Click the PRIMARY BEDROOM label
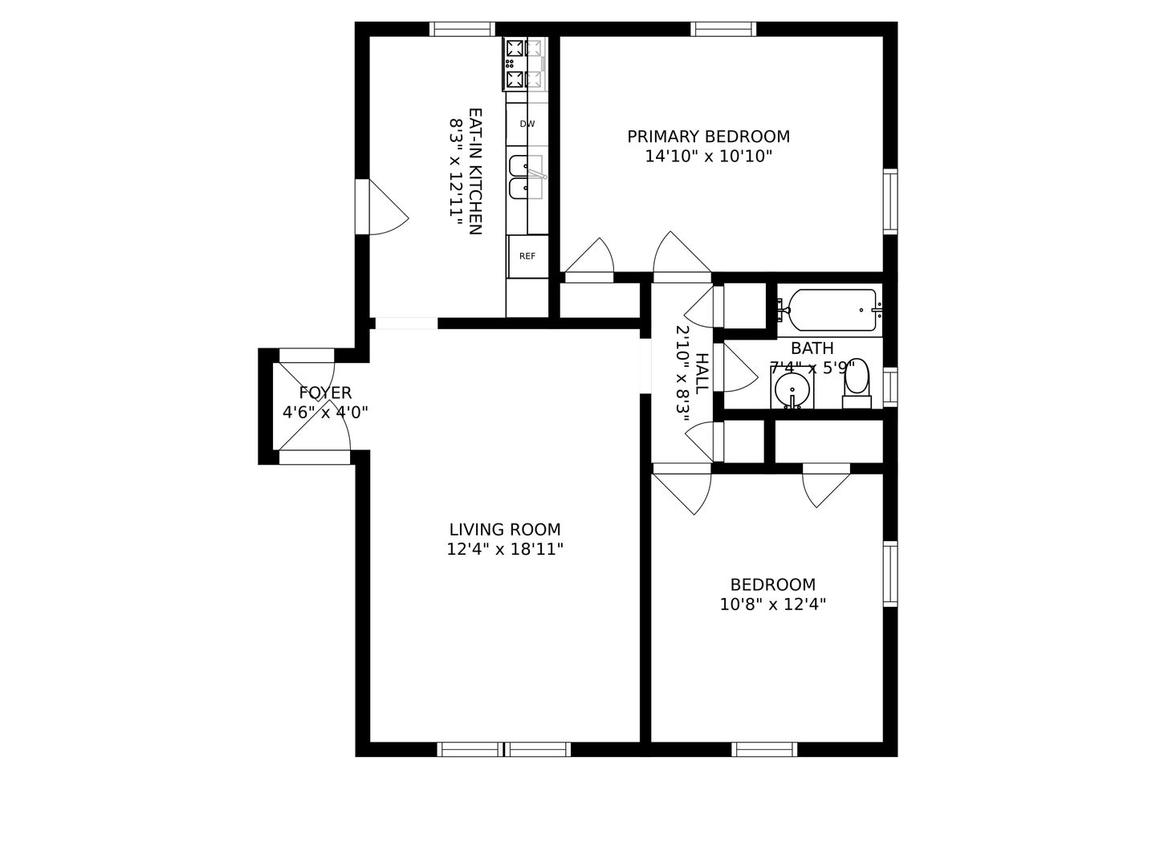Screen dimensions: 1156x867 pyautogui.click(x=708, y=136)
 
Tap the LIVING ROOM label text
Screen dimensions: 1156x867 pyautogui.click(x=504, y=529)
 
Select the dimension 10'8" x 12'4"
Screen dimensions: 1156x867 pyautogui.click(x=772, y=604)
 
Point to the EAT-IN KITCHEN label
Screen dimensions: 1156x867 pyautogui.click(x=475, y=172)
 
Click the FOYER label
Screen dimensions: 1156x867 pyautogui.click(x=325, y=393)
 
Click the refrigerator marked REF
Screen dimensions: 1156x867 pyautogui.click(x=527, y=256)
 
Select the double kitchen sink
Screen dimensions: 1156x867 pyautogui.click(x=527, y=177)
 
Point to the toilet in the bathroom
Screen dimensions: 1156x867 pyautogui.click(x=857, y=384)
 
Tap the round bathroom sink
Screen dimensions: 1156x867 pyautogui.click(x=792, y=389)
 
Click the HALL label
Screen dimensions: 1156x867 pyautogui.click(x=702, y=374)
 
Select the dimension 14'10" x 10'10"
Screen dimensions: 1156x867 pyautogui.click(x=708, y=157)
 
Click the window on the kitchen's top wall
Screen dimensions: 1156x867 pyautogui.click(x=462, y=29)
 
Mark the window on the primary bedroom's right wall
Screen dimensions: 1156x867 pyautogui.click(x=890, y=201)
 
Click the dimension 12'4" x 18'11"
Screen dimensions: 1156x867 pyautogui.click(x=504, y=549)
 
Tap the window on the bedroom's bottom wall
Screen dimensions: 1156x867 pyautogui.click(x=764, y=749)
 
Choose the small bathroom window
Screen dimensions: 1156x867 pyautogui.click(x=890, y=388)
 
